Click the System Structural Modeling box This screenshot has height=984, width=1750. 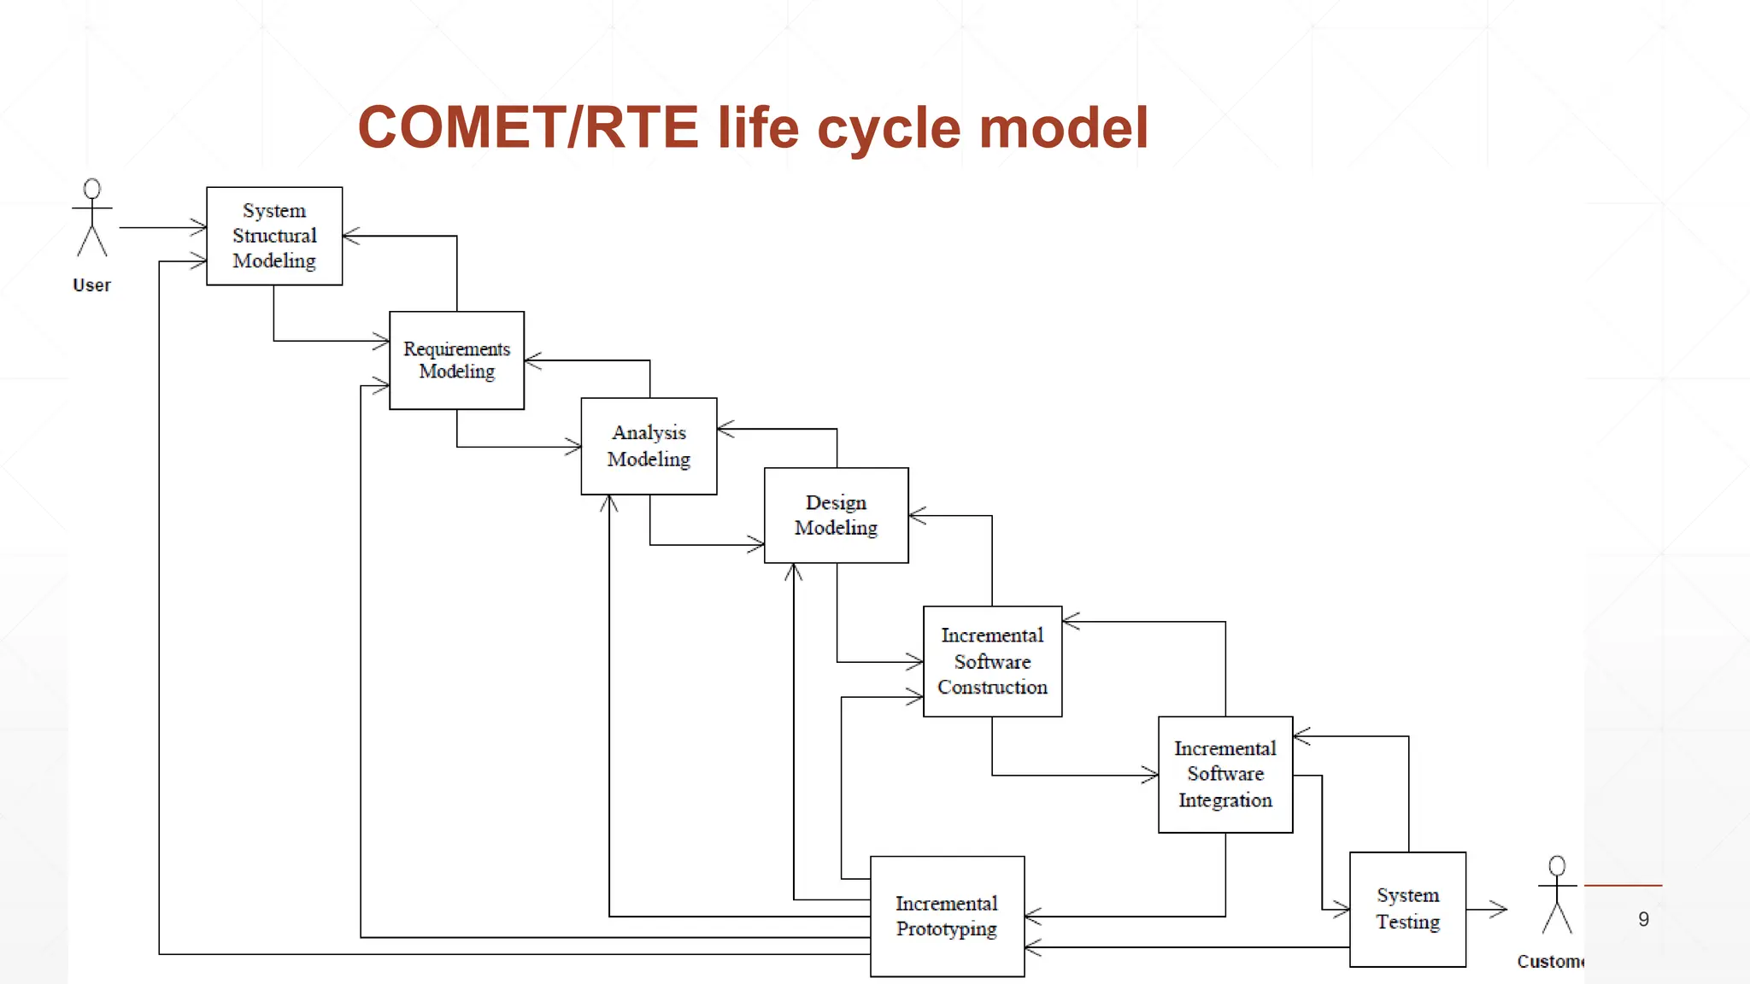click(x=274, y=236)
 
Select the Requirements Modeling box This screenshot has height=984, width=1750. click(x=456, y=360)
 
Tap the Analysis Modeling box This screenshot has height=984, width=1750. click(x=649, y=446)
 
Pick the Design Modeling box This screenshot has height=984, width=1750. click(x=836, y=515)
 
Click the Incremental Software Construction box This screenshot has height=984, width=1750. click(x=992, y=661)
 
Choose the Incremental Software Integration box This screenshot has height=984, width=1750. click(x=1224, y=774)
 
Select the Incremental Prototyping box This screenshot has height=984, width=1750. click(x=947, y=916)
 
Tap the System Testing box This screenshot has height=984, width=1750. click(x=1407, y=909)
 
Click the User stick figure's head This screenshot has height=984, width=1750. click(x=92, y=189)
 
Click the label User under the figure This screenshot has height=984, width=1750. click(x=91, y=285)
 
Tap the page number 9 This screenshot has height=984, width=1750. click(x=1643, y=919)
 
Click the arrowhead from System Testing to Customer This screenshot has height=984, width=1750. click(x=1500, y=910)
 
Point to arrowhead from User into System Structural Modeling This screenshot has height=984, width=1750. click(x=199, y=227)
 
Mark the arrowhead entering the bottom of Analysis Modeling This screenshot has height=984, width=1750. click(x=609, y=502)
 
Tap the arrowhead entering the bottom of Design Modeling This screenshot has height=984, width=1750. click(x=794, y=571)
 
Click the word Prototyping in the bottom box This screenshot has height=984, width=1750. click(x=947, y=929)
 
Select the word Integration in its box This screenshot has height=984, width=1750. click(x=1224, y=800)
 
